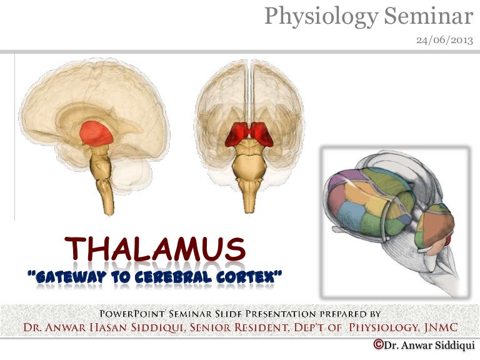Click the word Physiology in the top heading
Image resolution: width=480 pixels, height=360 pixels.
coord(319,17)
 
